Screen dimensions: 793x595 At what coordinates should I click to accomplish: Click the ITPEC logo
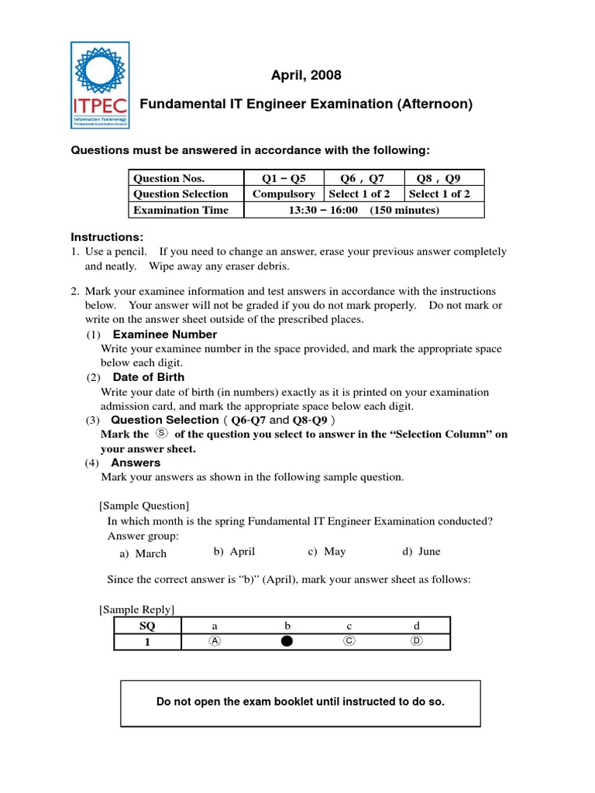tap(100, 84)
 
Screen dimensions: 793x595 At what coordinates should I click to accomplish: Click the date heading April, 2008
tap(305, 75)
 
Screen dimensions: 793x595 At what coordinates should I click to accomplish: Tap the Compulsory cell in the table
tap(284, 194)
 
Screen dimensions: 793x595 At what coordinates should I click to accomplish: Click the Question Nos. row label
tap(169, 178)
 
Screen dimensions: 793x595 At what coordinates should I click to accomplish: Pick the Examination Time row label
tap(181, 210)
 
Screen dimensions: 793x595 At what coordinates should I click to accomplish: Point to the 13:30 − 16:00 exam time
tap(323, 210)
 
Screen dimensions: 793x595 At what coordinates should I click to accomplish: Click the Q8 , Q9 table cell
tap(444, 178)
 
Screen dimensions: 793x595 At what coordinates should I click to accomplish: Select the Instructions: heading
tap(108, 237)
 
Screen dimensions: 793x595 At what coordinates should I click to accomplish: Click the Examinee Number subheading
tap(165, 335)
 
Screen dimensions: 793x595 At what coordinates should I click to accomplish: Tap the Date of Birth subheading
tap(149, 377)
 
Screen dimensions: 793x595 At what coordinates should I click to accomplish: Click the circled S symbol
tap(161, 434)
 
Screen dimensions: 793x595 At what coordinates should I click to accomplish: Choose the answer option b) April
tap(234, 551)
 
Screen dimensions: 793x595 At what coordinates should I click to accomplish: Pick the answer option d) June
tap(421, 551)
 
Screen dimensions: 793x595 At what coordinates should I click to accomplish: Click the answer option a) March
tap(143, 553)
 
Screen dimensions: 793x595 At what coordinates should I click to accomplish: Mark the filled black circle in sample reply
tap(287, 641)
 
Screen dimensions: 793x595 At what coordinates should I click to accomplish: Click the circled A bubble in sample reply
tap(215, 641)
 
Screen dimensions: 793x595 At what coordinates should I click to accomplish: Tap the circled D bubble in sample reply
tap(417, 641)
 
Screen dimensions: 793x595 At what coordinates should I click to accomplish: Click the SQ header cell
tap(147, 626)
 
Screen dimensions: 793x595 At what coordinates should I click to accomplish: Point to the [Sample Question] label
tap(144, 505)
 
